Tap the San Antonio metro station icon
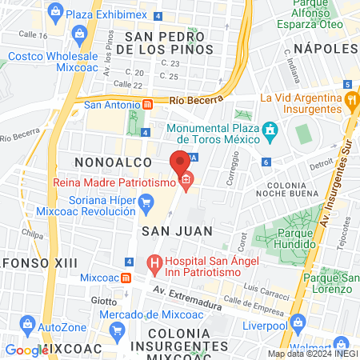[x=147, y=105]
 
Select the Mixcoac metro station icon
[x=126, y=278]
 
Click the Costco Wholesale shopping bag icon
[x=79, y=34]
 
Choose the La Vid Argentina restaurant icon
[x=351, y=102]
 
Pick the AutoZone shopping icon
[x=28, y=326]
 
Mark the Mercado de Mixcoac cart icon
[x=117, y=330]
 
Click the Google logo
[x=26, y=350]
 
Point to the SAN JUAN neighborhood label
[x=177, y=230]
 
